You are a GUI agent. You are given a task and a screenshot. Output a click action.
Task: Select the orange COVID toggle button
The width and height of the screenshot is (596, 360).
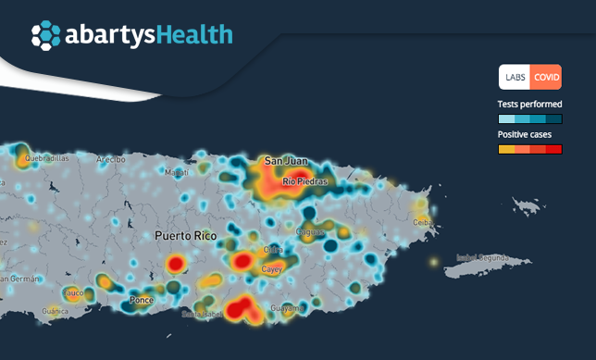point(546,77)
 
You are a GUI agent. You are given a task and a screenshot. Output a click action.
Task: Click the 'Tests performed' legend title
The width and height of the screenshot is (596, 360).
point(530,104)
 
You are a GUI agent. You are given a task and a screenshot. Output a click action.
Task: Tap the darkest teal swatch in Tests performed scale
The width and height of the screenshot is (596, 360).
point(554,118)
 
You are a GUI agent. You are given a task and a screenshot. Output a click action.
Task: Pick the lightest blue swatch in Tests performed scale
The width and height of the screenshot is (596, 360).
point(506,118)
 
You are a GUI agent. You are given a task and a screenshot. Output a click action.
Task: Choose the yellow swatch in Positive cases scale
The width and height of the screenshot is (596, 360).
point(506,148)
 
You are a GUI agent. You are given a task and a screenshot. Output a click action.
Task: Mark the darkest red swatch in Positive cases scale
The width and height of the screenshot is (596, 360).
point(554,148)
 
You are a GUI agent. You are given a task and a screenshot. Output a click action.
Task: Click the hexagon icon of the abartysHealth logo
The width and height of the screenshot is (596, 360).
point(45,35)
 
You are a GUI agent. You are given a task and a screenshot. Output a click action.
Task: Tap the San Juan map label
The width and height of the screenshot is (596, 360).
point(284,161)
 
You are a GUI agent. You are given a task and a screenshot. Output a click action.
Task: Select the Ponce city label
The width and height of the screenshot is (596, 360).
point(142,300)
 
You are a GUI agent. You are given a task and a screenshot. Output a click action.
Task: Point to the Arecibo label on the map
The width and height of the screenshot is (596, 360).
point(110,159)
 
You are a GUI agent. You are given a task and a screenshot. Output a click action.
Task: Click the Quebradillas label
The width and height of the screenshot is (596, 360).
point(47,158)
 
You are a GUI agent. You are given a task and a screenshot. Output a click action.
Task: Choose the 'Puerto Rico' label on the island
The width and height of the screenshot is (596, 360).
point(185,236)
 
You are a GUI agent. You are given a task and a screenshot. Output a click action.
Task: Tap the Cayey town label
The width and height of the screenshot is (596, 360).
point(271,269)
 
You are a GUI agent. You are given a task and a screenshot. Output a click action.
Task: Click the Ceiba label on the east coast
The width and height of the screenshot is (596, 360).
point(424,221)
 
